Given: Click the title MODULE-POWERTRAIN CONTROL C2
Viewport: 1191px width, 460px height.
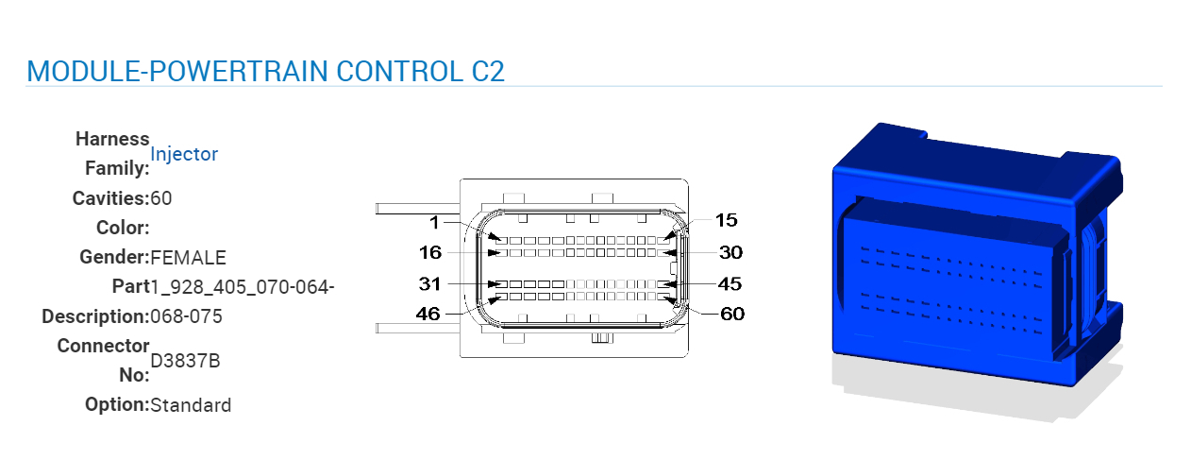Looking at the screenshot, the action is (265, 71).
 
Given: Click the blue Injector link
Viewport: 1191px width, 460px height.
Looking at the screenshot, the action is (184, 154).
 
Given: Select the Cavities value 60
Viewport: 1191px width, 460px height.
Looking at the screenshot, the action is (161, 198).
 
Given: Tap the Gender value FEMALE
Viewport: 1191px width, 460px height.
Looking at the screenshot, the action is (188, 257).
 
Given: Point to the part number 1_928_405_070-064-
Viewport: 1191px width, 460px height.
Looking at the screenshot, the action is (243, 286).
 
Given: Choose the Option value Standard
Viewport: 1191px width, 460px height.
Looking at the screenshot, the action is (191, 405).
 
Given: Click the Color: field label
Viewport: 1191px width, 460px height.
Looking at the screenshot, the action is (123, 228).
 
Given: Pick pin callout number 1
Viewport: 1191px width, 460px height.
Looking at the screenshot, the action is (434, 223).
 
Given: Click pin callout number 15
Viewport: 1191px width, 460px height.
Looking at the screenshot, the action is (726, 220).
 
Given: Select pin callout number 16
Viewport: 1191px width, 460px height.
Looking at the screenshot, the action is (429, 252).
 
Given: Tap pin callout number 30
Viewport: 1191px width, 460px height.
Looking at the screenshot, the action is (730, 252).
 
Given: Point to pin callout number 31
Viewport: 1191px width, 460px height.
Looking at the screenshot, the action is (429, 283).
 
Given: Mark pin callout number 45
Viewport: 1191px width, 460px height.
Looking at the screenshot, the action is (730, 283).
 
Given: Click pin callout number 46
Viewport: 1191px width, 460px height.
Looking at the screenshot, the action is (428, 314).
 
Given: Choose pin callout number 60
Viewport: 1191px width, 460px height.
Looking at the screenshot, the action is (732, 314).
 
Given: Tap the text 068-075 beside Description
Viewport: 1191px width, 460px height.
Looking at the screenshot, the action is (187, 316).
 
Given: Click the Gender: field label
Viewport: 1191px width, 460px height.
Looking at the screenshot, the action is (114, 257).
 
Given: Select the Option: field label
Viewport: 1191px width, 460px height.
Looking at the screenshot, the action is (117, 405).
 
